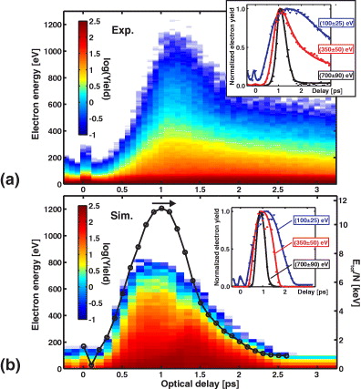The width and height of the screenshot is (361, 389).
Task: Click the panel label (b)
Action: (x=12, y=362)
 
